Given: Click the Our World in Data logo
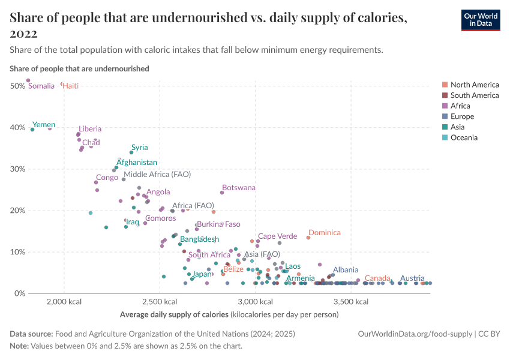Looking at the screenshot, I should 480,20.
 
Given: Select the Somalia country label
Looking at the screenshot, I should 41,86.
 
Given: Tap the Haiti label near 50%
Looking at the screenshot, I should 71,86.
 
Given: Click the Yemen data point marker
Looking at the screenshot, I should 32,129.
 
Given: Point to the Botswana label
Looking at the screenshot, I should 238,188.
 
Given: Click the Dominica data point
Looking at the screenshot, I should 308,238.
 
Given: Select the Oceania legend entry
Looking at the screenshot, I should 464,137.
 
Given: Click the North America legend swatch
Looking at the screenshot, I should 445,85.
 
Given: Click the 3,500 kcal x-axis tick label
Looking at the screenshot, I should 346,301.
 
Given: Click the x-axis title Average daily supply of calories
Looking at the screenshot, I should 174,314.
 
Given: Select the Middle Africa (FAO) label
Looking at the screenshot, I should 157,174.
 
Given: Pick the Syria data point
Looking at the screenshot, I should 131,152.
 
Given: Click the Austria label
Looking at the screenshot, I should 412,278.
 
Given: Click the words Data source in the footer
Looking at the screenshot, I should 31,334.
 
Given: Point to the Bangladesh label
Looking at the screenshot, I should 199,239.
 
